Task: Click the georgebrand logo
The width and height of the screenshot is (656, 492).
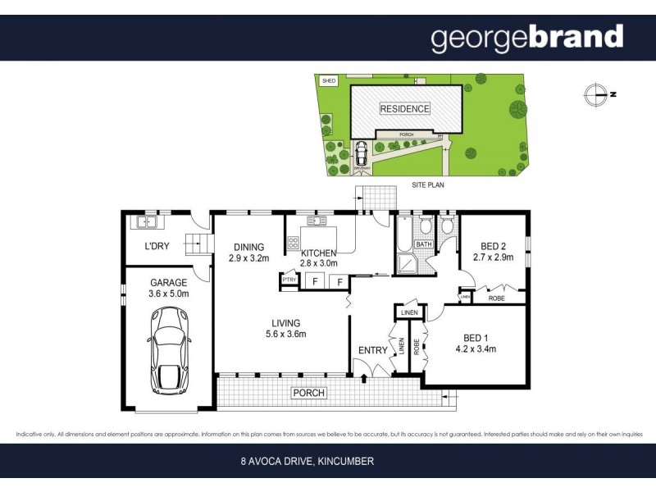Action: point(527,38)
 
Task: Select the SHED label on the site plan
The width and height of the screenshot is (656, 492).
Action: point(329,81)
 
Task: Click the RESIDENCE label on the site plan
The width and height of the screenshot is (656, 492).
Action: point(403,109)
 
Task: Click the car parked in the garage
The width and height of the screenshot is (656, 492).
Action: point(170,350)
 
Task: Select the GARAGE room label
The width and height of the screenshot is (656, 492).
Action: point(168,282)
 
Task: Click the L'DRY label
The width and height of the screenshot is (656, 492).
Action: point(157,247)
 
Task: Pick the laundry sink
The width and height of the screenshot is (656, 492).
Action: point(148,221)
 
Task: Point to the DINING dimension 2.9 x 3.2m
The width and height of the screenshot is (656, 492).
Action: point(248,259)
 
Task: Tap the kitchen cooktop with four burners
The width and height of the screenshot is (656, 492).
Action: point(294,243)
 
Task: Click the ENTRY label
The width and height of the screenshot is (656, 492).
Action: point(373,350)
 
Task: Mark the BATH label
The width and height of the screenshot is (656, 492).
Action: point(423,244)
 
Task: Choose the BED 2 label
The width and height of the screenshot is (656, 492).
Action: point(493,245)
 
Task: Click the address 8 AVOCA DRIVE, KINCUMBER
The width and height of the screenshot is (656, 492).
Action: point(307,462)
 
